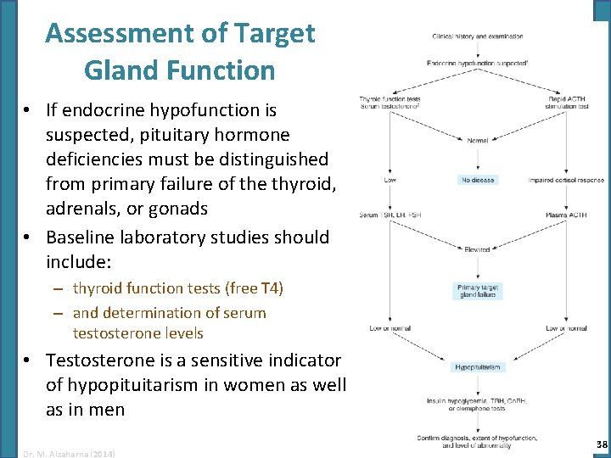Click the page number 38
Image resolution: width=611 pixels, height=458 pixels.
[x=601, y=444]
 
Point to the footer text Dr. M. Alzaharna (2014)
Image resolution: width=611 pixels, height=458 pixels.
[x=70, y=453]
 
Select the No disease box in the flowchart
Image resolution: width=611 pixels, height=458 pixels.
[x=478, y=180]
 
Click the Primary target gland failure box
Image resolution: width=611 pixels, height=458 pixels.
[x=478, y=291]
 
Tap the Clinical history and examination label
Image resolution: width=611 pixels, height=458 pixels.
[x=478, y=36]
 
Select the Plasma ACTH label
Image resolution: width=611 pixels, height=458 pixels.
[x=567, y=215]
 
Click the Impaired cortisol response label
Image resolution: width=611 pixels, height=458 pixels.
[x=566, y=180]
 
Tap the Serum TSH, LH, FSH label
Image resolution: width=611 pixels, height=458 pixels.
[x=390, y=215]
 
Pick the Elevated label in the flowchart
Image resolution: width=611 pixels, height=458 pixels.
[x=478, y=249]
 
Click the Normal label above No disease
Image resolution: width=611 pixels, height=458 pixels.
[x=478, y=139]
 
